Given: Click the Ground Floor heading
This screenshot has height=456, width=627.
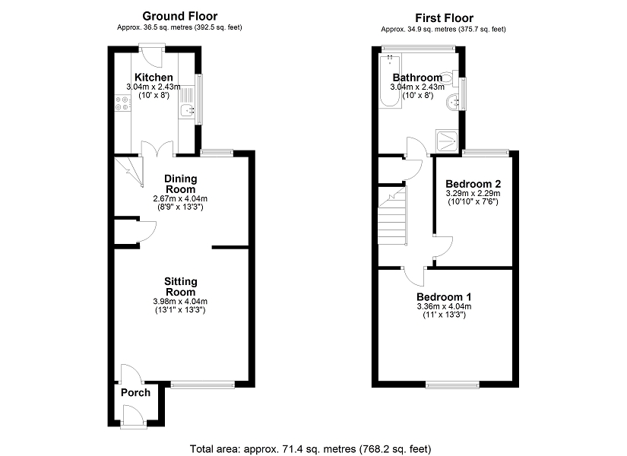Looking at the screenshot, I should [x=180, y=16].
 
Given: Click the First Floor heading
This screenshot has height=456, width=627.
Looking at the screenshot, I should [x=444, y=17].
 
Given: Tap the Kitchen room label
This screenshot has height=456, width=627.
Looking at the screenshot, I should [x=154, y=78].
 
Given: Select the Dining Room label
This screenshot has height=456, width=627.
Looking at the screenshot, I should [x=181, y=184].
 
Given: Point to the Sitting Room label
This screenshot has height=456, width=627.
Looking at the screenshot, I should [x=180, y=287].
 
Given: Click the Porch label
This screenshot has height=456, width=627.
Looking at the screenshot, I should [x=135, y=393].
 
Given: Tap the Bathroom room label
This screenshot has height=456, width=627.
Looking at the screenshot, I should [x=416, y=78].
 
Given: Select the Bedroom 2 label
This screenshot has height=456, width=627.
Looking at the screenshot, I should [x=473, y=184].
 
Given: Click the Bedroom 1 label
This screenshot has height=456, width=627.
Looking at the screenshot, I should [x=444, y=296].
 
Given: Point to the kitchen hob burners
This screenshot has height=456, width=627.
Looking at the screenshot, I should [x=121, y=105].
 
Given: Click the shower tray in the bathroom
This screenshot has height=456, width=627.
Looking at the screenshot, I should [x=447, y=139].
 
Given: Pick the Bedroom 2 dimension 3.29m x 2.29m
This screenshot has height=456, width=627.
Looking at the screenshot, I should [x=473, y=194].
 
